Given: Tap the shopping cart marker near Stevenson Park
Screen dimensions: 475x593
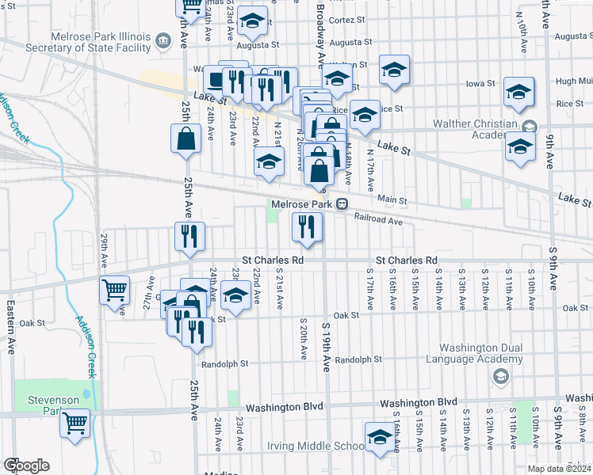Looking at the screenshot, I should pyautogui.click(x=75, y=424).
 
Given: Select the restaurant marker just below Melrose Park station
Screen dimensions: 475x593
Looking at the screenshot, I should pyautogui.click(x=306, y=227).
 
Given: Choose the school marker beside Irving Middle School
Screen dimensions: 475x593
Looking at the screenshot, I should pyautogui.click(x=380, y=436).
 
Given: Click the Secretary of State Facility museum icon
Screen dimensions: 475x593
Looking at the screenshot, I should pyautogui.click(x=163, y=40).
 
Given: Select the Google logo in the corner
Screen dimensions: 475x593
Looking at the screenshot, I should pyautogui.click(x=25, y=465).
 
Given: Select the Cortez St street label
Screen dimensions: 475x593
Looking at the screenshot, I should pyautogui.click(x=346, y=18).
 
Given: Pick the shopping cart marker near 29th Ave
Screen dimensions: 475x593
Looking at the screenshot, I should pyautogui.click(x=114, y=291).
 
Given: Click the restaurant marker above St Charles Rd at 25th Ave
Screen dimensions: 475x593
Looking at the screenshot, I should pyautogui.click(x=189, y=236).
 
